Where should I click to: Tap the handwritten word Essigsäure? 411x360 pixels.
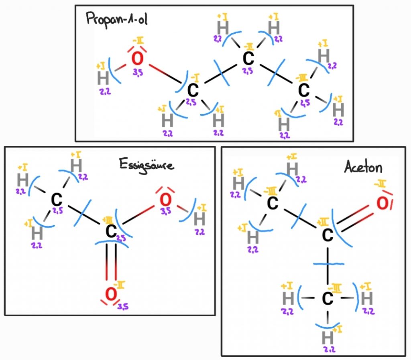tap(146, 164)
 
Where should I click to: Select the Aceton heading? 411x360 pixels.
tap(363, 167)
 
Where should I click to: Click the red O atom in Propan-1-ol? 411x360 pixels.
tap(137, 59)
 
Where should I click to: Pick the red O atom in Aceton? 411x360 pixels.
tap(383, 204)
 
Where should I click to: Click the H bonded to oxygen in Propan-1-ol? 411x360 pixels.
tap(103, 79)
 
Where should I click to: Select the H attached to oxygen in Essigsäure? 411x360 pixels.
tap(199, 219)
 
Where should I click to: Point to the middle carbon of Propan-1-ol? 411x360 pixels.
tap(248, 59)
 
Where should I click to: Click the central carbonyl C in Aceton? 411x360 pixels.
tap(328, 235)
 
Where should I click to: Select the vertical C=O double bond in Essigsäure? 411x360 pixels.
tap(111, 263)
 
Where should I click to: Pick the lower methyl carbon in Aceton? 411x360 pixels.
tap(328, 298)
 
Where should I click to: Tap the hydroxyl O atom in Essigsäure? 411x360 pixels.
tap(165, 198)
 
